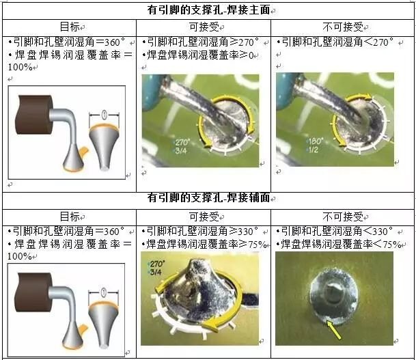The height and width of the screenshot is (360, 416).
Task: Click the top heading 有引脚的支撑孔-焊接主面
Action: pos(208,10)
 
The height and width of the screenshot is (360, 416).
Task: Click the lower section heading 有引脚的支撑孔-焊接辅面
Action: pos(208,197)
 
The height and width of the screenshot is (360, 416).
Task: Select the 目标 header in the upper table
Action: pos(70,27)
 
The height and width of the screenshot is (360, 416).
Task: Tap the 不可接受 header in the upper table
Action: pos(343,27)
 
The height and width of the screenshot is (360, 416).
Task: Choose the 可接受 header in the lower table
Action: pos(204,217)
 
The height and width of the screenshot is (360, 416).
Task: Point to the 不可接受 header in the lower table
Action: pos(343,217)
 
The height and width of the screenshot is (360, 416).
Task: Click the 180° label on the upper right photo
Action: pos(315,141)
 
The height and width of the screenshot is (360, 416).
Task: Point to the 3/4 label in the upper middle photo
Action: pos(180,151)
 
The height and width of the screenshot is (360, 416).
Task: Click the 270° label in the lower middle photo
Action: pos(157,264)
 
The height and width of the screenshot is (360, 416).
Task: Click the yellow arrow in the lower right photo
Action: pos(333,330)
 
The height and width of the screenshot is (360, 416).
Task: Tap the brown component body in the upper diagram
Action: pos(34,114)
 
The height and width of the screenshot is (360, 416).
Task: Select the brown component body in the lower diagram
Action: pos(33,292)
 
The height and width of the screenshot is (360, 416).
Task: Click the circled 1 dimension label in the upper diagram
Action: pos(104,115)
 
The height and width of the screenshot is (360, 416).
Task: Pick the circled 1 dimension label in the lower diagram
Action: pos(104,292)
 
